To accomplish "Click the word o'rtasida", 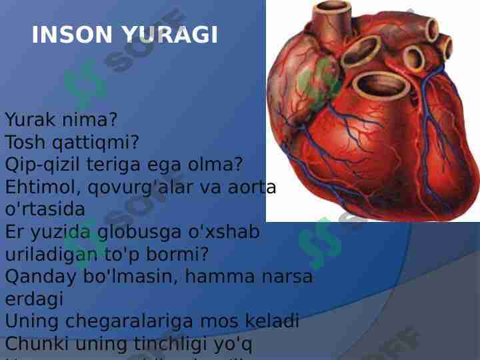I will (45, 209).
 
